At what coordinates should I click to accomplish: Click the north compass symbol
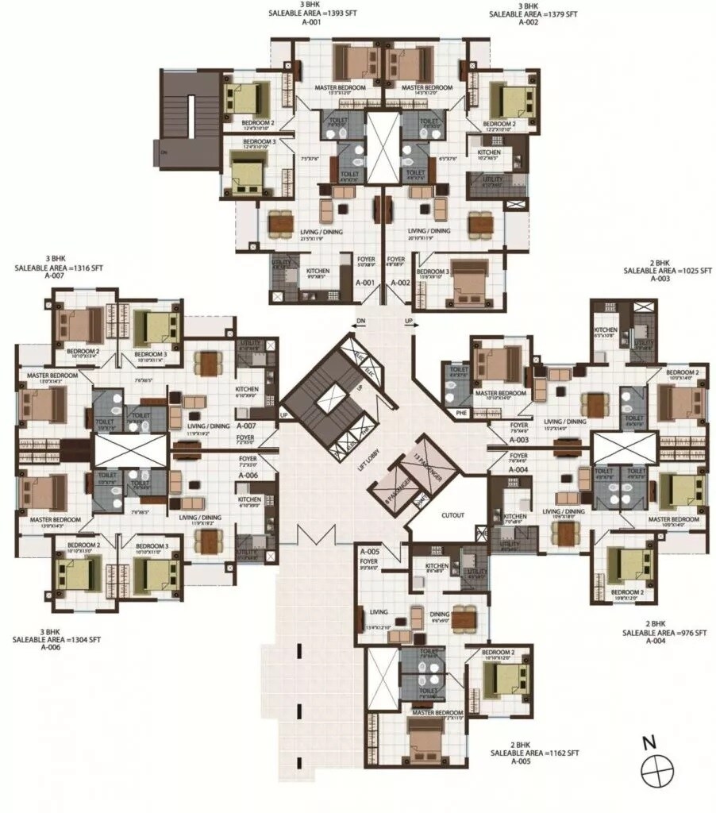(657, 768)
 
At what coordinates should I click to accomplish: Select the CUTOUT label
(452, 514)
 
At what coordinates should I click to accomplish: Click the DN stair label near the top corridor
(360, 322)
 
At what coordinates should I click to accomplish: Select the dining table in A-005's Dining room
(463, 618)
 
